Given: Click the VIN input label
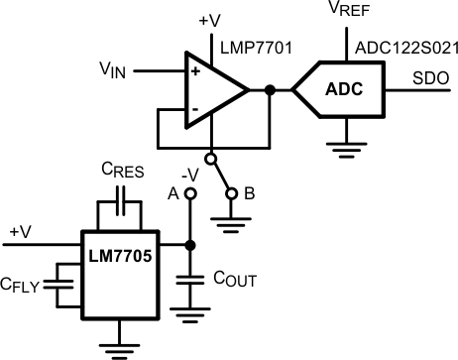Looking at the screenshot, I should tap(112, 70).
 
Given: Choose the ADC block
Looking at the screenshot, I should tap(343, 90).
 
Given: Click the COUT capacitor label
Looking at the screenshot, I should tap(235, 281).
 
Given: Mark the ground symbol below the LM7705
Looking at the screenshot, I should tap(118, 346).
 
